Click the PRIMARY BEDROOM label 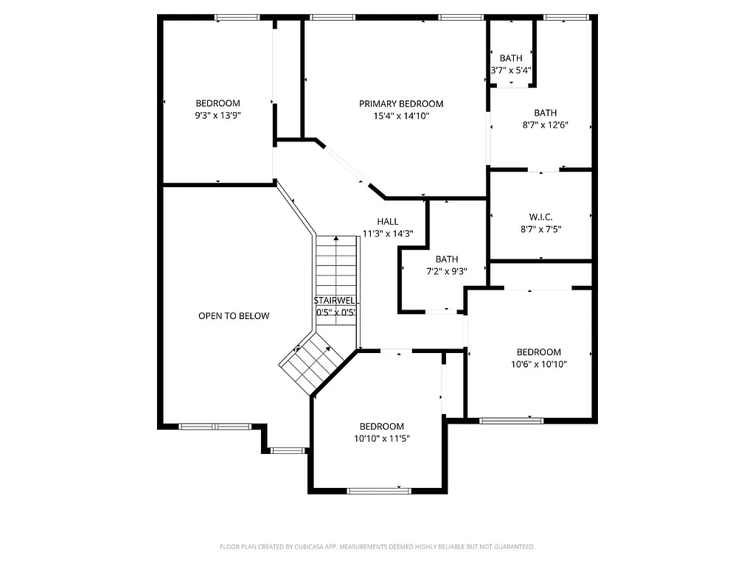(401, 104)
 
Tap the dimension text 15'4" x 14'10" (401, 116)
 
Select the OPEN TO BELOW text (234, 316)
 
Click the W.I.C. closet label (540, 217)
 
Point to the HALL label (388, 222)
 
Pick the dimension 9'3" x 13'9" (218, 116)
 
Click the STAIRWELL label (336, 301)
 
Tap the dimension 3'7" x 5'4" (511, 71)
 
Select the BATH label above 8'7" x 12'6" (546, 113)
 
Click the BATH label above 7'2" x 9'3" (447, 259)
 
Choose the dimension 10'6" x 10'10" (538, 364)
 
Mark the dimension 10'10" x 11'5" (382, 439)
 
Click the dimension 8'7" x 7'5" (540, 229)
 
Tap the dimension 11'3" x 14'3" (388, 234)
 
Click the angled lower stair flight (311, 363)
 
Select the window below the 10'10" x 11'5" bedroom (379, 491)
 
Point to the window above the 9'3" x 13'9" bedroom (237, 16)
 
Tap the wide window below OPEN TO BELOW (215, 426)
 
